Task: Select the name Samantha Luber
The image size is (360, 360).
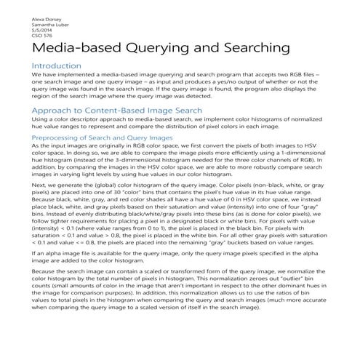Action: point(28,23)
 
